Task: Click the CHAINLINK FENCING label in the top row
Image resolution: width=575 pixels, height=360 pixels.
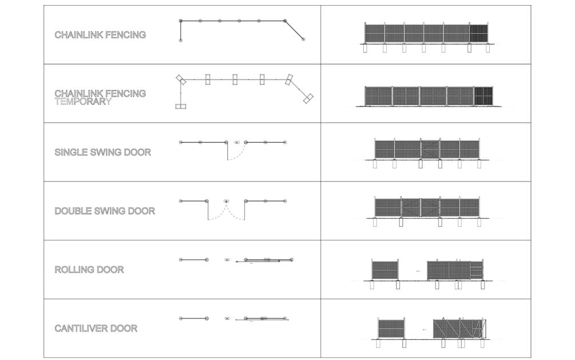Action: (x=100, y=35)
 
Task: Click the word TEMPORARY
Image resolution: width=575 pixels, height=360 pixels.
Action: (x=83, y=101)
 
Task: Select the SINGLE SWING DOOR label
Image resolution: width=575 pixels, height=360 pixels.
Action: (x=103, y=153)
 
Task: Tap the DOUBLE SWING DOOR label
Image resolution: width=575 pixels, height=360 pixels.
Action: (x=105, y=211)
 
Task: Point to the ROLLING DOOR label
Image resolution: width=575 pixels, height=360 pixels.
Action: (x=89, y=270)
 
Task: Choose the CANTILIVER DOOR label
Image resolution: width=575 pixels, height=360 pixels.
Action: (x=96, y=329)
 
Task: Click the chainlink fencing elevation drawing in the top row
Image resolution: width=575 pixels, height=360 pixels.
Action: (x=426, y=33)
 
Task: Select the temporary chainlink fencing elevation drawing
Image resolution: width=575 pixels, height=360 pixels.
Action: (x=429, y=96)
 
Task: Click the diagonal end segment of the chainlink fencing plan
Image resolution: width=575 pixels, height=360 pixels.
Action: (x=294, y=30)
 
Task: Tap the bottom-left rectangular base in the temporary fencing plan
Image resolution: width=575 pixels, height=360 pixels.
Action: (x=181, y=106)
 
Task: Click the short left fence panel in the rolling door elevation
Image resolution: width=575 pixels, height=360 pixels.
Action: (x=385, y=270)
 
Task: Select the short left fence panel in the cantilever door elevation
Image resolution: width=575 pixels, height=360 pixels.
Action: (x=391, y=329)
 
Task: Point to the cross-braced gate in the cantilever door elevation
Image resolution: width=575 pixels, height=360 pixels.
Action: (x=459, y=329)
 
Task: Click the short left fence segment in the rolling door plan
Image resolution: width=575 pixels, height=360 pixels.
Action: (x=193, y=260)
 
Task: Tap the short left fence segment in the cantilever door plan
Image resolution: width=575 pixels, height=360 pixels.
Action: (x=193, y=318)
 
